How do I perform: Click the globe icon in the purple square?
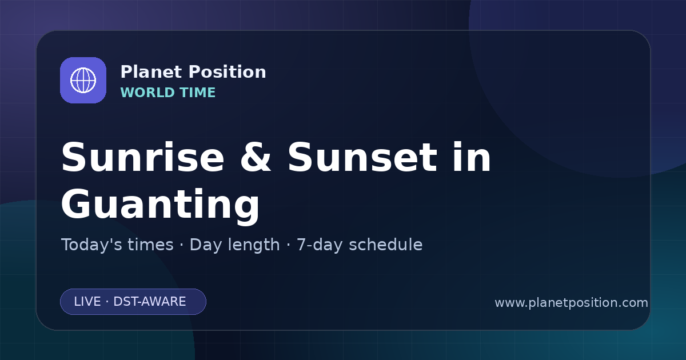pos(83,80)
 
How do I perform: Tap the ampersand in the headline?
pos(256,157)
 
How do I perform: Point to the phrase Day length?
pos(235,245)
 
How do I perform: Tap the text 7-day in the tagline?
pos(320,245)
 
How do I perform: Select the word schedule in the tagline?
pos(386,245)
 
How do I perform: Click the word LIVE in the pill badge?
pos(87,302)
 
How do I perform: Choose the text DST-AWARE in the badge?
pos(150,302)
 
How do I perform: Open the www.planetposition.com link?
pos(572,303)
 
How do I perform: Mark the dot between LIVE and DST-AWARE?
pos(107,302)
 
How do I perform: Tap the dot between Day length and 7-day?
pos(288,245)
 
